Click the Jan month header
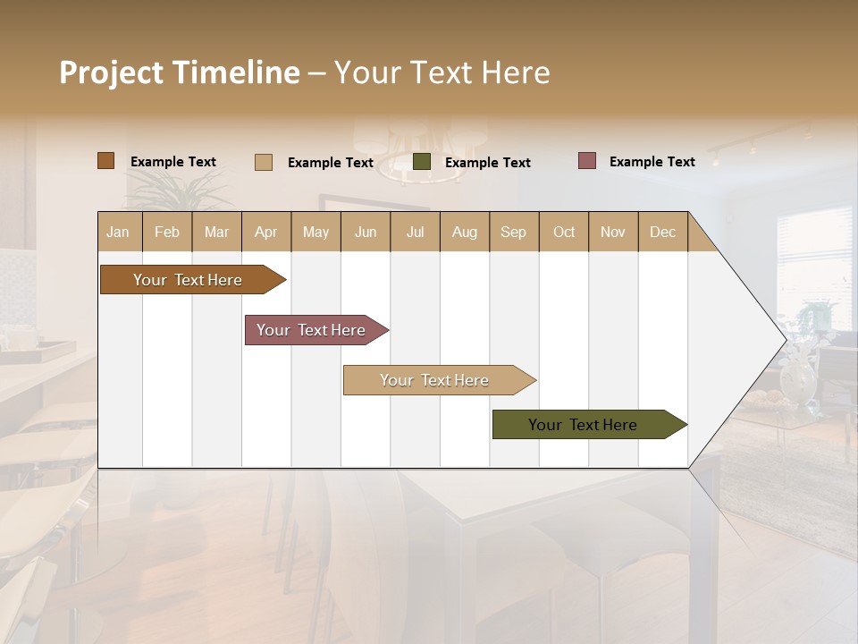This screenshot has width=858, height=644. point(119,232)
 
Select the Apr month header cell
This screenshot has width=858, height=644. point(266,232)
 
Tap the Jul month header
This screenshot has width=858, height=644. point(416,232)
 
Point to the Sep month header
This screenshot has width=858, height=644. point(514,232)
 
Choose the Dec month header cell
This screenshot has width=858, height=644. point(662,232)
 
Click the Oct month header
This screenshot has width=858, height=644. point(564,232)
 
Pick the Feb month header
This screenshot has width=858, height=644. point(167,232)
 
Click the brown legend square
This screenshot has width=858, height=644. point(105,161)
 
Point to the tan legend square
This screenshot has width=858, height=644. point(264,162)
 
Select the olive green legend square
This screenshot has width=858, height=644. point(422,162)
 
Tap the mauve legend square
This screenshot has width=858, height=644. point(587,161)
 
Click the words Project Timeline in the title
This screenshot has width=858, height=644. point(179,72)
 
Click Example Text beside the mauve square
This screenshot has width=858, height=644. point(652,162)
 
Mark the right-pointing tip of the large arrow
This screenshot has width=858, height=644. point(785,340)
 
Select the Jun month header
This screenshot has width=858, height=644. point(366,232)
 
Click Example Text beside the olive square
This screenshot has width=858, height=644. point(487,163)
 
